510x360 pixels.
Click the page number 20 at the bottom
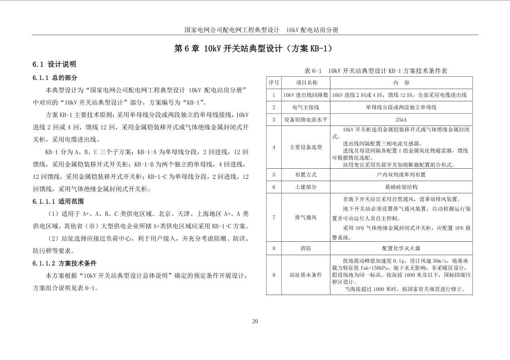click(x=255, y=321)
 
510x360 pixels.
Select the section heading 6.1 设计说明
click(x=54, y=64)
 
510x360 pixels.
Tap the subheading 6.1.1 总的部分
click(x=55, y=77)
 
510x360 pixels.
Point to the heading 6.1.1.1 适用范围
click(x=58, y=201)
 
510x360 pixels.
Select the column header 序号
click(x=274, y=82)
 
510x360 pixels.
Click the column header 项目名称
click(x=306, y=82)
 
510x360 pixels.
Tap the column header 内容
click(x=401, y=82)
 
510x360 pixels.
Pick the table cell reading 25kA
click(x=401, y=119)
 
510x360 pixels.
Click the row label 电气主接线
click(x=306, y=107)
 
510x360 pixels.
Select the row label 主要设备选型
click(x=306, y=147)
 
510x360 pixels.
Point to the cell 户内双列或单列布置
click(x=401, y=175)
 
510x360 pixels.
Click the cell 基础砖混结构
click(x=401, y=187)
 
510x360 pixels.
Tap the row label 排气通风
click(x=306, y=218)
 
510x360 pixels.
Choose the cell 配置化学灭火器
click(x=401, y=248)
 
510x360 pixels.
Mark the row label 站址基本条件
click(x=306, y=275)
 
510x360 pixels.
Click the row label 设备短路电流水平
click(x=306, y=119)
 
